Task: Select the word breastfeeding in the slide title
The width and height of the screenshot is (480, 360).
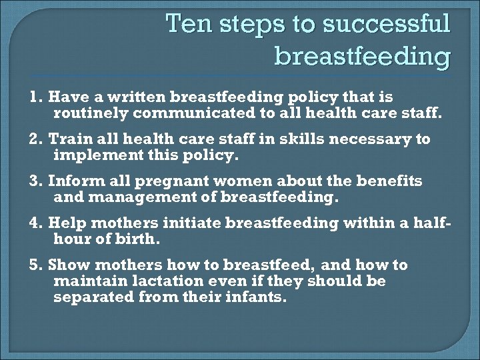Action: (362, 57)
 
